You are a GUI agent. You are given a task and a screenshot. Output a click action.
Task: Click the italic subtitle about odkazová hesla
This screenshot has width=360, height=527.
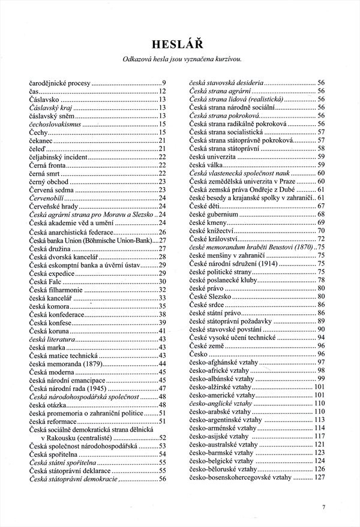coord(181,58)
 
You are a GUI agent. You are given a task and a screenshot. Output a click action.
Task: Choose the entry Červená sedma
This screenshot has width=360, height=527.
coord(52,189)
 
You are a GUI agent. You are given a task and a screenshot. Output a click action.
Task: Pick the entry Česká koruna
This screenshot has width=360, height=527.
coord(50,330)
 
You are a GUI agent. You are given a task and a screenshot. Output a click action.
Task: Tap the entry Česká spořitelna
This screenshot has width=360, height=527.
coord(53,454)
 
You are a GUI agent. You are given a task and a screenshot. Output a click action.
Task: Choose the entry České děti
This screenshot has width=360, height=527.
coord(205,206)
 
